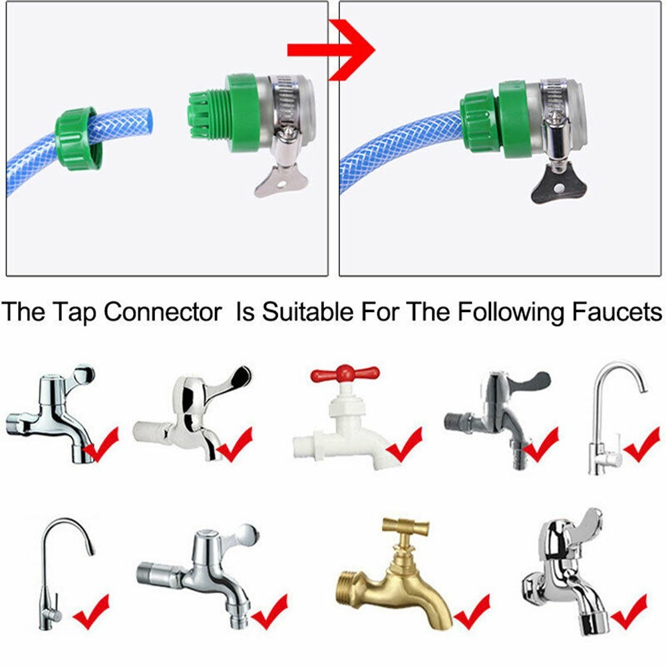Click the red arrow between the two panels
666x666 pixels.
[x=331, y=50]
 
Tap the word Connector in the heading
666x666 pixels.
[x=163, y=312]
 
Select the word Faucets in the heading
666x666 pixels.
[x=617, y=312]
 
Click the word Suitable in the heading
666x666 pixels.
[x=307, y=311]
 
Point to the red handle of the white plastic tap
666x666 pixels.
[x=345, y=374]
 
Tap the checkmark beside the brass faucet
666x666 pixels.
[x=472, y=612]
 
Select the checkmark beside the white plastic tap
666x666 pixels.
[x=405, y=445]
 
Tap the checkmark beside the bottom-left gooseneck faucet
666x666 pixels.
[x=91, y=612]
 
